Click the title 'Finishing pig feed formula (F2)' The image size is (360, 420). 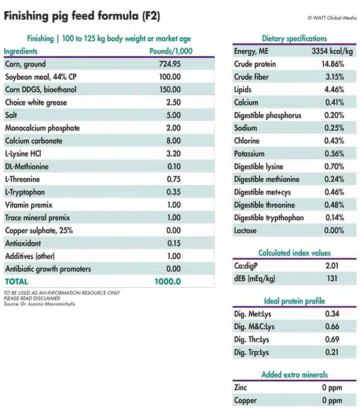82,16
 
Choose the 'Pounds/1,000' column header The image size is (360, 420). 171,52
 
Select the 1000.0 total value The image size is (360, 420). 169,281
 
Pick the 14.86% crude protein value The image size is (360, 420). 332,64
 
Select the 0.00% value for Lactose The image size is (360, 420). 333,230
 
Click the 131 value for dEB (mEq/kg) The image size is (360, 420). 332,278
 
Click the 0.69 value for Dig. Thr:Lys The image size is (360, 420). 332,339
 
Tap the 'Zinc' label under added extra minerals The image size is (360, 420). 240,388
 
